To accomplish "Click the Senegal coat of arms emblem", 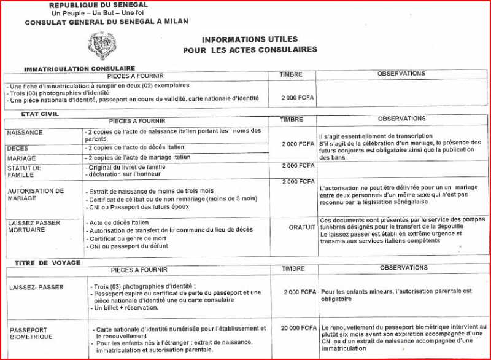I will (101, 44).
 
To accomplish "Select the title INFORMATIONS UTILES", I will (249, 39).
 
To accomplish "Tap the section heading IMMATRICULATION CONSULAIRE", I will (79, 68).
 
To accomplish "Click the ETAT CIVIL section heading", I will (40, 114).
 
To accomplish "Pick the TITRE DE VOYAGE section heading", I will (45, 263).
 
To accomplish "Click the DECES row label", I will (18, 148).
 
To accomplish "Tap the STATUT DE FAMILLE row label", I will (25, 171).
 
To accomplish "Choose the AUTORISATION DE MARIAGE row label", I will (36, 195).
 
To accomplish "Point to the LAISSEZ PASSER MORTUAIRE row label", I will (35, 225).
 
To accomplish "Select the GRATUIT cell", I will (302, 227).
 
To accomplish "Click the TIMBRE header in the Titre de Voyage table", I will (293, 268).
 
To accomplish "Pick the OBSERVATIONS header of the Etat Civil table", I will (402, 118).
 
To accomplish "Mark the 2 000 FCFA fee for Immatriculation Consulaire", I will (298, 98).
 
